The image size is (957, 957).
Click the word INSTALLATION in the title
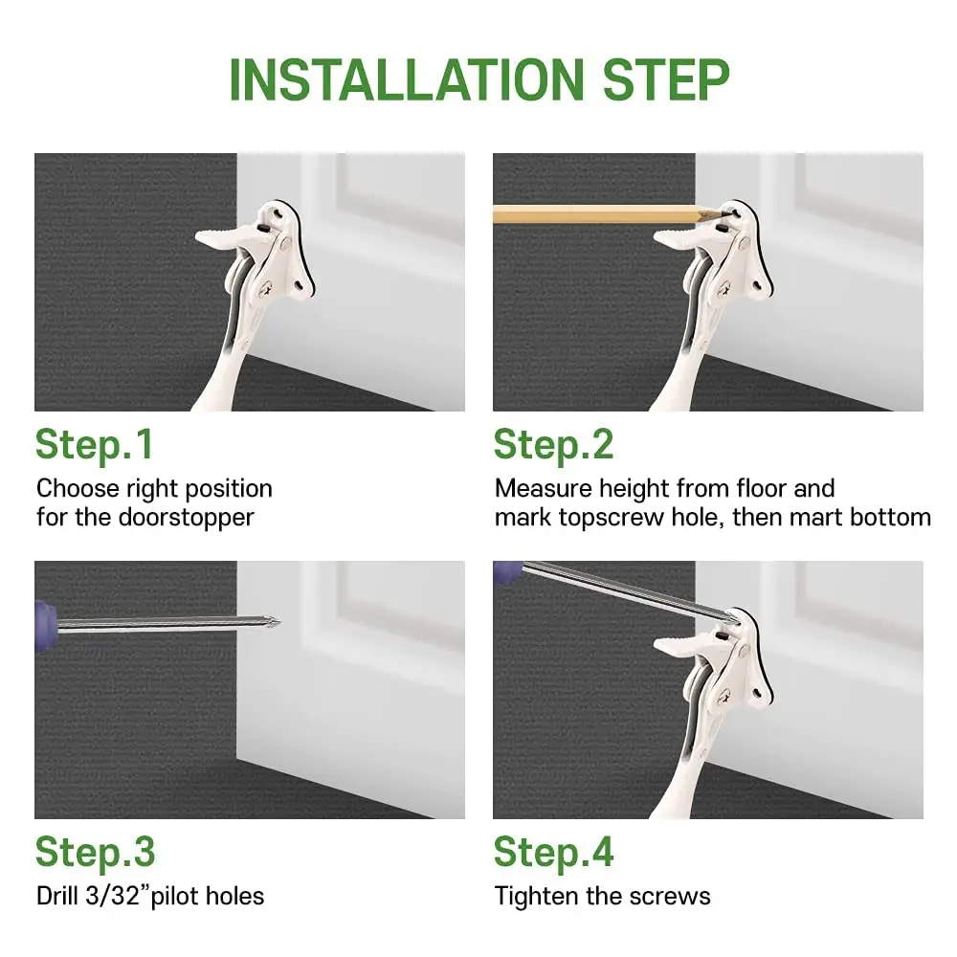tap(407, 80)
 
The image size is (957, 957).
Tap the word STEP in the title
tap(666, 80)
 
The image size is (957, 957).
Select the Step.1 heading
tap(94, 445)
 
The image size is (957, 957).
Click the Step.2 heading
tap(553, 445)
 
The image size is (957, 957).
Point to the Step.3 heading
tap(95, 853)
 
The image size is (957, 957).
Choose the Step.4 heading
tap(553, 853)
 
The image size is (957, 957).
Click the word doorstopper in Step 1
tap(187, 518)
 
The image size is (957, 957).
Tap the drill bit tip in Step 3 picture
tap(278, 622)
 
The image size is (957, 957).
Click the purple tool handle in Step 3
tap(45, 626)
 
